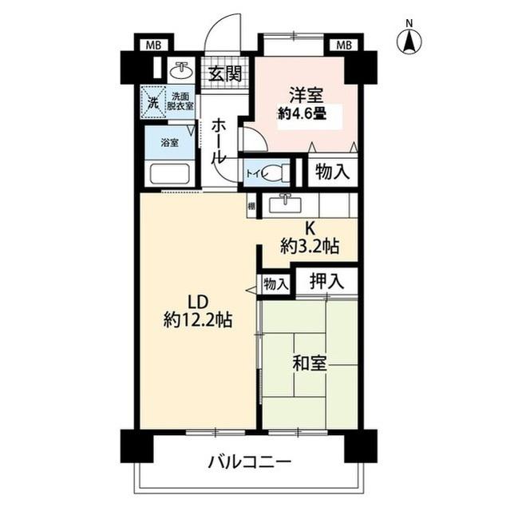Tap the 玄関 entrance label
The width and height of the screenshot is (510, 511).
pyautogui.click(x=225, y=74)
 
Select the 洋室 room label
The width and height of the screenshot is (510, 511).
pyautogui.click(x=305, y=93)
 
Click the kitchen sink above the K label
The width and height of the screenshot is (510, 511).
pyautogui.click(x=283, y=204)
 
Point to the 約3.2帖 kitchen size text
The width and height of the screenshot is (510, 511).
pyautogui.click(x=309, y=247)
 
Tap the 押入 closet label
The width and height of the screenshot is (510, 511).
pyautogui.click(x=327, y=280)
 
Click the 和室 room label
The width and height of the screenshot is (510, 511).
pyautogui.click(x=309, y=364)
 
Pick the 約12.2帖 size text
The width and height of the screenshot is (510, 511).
pyautogui.click(x=198, y=321)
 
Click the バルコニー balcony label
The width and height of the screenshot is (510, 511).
pyautogui.click(x=249, y=462)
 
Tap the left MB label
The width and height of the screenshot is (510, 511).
pyautogui.click(x=152, y=44)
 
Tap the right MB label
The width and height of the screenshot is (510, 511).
pyautogui.click(x=344, y=44)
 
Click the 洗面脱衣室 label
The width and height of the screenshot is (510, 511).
pyautogui.click(x=180, y=102)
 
